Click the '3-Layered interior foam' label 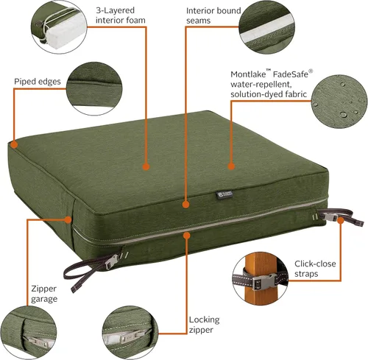tap(121, 15)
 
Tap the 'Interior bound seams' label tap(213, 15)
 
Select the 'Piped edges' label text tap(38, 82)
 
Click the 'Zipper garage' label tap(44, 294)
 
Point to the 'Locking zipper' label tap(204, 325)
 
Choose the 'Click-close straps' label tap(315, 269)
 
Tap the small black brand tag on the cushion tap(224, 194)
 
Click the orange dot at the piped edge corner tap(14, 144)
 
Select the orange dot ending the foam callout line tap(146, 167)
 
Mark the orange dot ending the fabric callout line tap(231, 166)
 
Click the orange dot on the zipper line tap(187, 236)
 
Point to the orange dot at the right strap tap(341, 220)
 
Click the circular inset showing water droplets tap(339, 102)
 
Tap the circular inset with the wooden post tap(260, 278)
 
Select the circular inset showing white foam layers tap(59, 27)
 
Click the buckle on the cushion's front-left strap tap(112, 261)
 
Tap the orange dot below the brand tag tap(186, 205)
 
